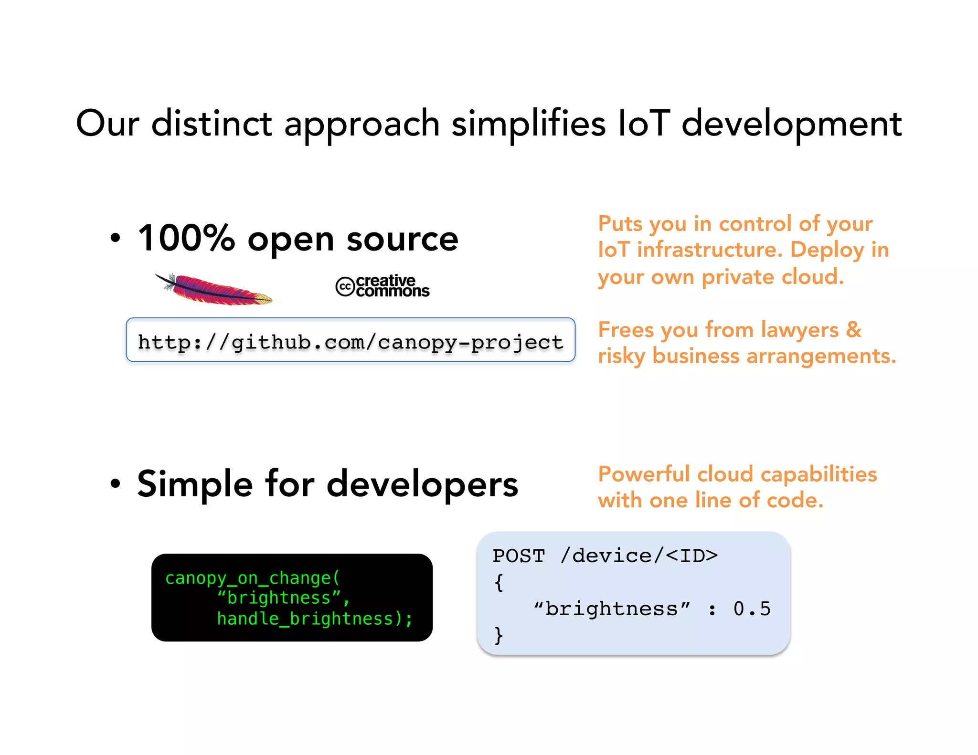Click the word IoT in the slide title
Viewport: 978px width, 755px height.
644,124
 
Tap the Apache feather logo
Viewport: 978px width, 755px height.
215,289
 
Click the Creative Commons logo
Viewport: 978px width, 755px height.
383,286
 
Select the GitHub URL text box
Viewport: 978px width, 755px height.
351,340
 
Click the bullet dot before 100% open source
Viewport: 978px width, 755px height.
115,238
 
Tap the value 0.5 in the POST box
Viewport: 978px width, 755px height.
752,609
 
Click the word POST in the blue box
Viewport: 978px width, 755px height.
519,556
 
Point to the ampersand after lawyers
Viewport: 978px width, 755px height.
853,330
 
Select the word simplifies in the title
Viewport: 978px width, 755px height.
528,124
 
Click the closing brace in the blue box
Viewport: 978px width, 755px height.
499,635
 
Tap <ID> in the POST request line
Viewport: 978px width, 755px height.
691,556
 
